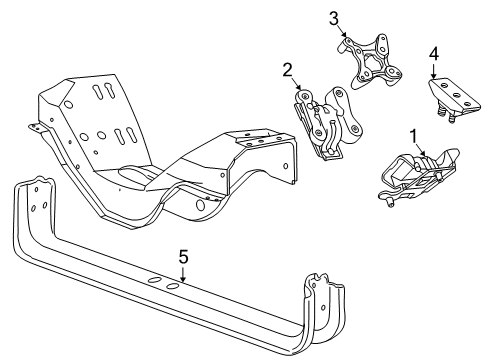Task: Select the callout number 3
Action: point(334,16)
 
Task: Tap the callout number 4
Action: point(433,53)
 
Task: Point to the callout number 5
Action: point(182,257)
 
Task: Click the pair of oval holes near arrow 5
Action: point(164,288)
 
